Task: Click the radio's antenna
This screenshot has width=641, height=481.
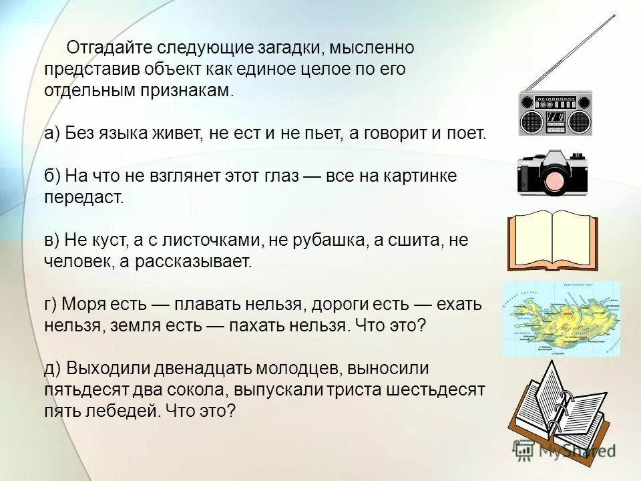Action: pyautogui.click(x=570, y=52)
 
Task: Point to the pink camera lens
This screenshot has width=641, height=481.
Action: pyautogui.click(x=555, y=182)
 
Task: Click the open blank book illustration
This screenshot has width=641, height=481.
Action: pyautogui.click(x=553, y=241)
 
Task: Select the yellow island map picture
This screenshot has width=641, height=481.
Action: pyautogui.click(x=561, y=319)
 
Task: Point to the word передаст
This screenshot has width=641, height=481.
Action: pyautogui.click(x=84, y=198)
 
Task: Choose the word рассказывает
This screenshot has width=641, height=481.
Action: pyautogui.click(x=194, y=262)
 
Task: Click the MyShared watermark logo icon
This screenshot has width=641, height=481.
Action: pyautogui.click(x=523, y=450)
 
